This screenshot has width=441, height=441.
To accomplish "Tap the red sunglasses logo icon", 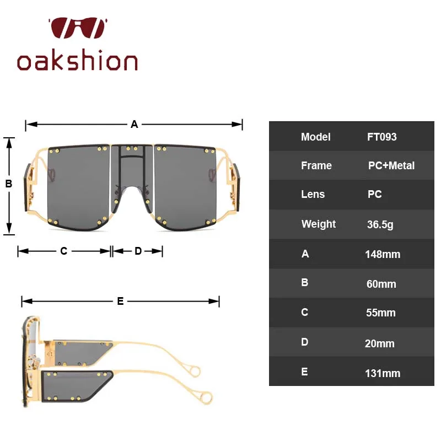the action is [x=78, y=28].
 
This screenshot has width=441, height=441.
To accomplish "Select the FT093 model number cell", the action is [x=381, y=137].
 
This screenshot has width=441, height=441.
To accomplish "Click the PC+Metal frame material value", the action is [x=391, y=166].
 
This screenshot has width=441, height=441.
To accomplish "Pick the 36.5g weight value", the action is [x=380, y=224].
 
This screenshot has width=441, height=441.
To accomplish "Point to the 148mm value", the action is [x=383, y=254].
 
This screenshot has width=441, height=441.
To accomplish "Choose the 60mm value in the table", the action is [x=381, y=284].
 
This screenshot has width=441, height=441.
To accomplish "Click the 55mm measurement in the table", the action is [x=381, y=313].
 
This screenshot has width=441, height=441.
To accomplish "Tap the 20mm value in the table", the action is [x=380, y=343].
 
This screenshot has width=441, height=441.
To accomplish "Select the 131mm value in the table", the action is [x=383, y=374].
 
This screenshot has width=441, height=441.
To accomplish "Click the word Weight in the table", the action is [x=319, y=224].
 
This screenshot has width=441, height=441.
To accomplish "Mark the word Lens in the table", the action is [x=313, y=194].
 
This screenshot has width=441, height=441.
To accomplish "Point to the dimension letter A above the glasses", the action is [x=134, y=124].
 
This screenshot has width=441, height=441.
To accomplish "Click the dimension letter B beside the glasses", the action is [x=9, y=184].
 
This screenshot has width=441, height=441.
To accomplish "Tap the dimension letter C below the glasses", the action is [x=64, y=251].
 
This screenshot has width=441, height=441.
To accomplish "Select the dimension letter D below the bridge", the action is [x=138, y=251].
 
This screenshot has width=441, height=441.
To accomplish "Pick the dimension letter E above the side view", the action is [x=120, y=301].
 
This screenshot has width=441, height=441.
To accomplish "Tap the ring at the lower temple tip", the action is [x=206, y=397].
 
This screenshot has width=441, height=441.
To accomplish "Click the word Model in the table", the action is [x=315, y=137].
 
